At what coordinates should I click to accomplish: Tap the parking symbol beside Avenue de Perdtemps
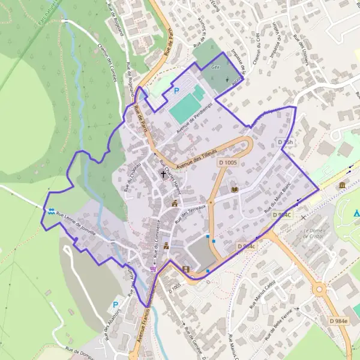176,91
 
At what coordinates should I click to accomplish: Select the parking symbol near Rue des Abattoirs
115,305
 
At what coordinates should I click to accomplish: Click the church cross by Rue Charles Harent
163,175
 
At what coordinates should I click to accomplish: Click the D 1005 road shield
229,163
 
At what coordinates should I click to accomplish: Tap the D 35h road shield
286,142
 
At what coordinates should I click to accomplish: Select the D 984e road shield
338,321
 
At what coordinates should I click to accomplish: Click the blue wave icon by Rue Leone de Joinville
51,212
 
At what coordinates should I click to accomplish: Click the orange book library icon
234,190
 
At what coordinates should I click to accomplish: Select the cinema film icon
185,269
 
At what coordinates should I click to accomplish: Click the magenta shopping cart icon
153,269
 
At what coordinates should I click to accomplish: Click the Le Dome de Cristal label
313,233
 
